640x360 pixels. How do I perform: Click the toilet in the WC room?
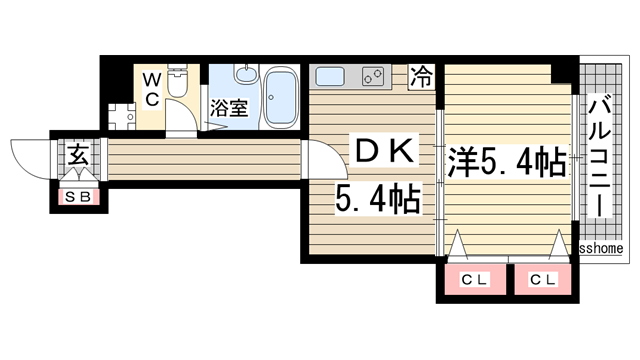(178, 84)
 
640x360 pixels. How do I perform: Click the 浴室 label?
(228, 107)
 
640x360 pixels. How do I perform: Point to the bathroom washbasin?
(245, 78)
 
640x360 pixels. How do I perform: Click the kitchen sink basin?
(330, 76)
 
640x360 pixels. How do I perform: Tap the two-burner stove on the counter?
(374, 76)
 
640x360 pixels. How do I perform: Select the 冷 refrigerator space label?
(424, 76)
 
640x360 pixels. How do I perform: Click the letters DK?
(386, 153)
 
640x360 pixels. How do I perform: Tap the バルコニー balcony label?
(600, 155)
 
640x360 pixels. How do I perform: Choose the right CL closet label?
(543, 279)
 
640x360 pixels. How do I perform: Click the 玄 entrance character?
(78, 156)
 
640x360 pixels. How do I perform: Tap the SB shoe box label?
(78, 197)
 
